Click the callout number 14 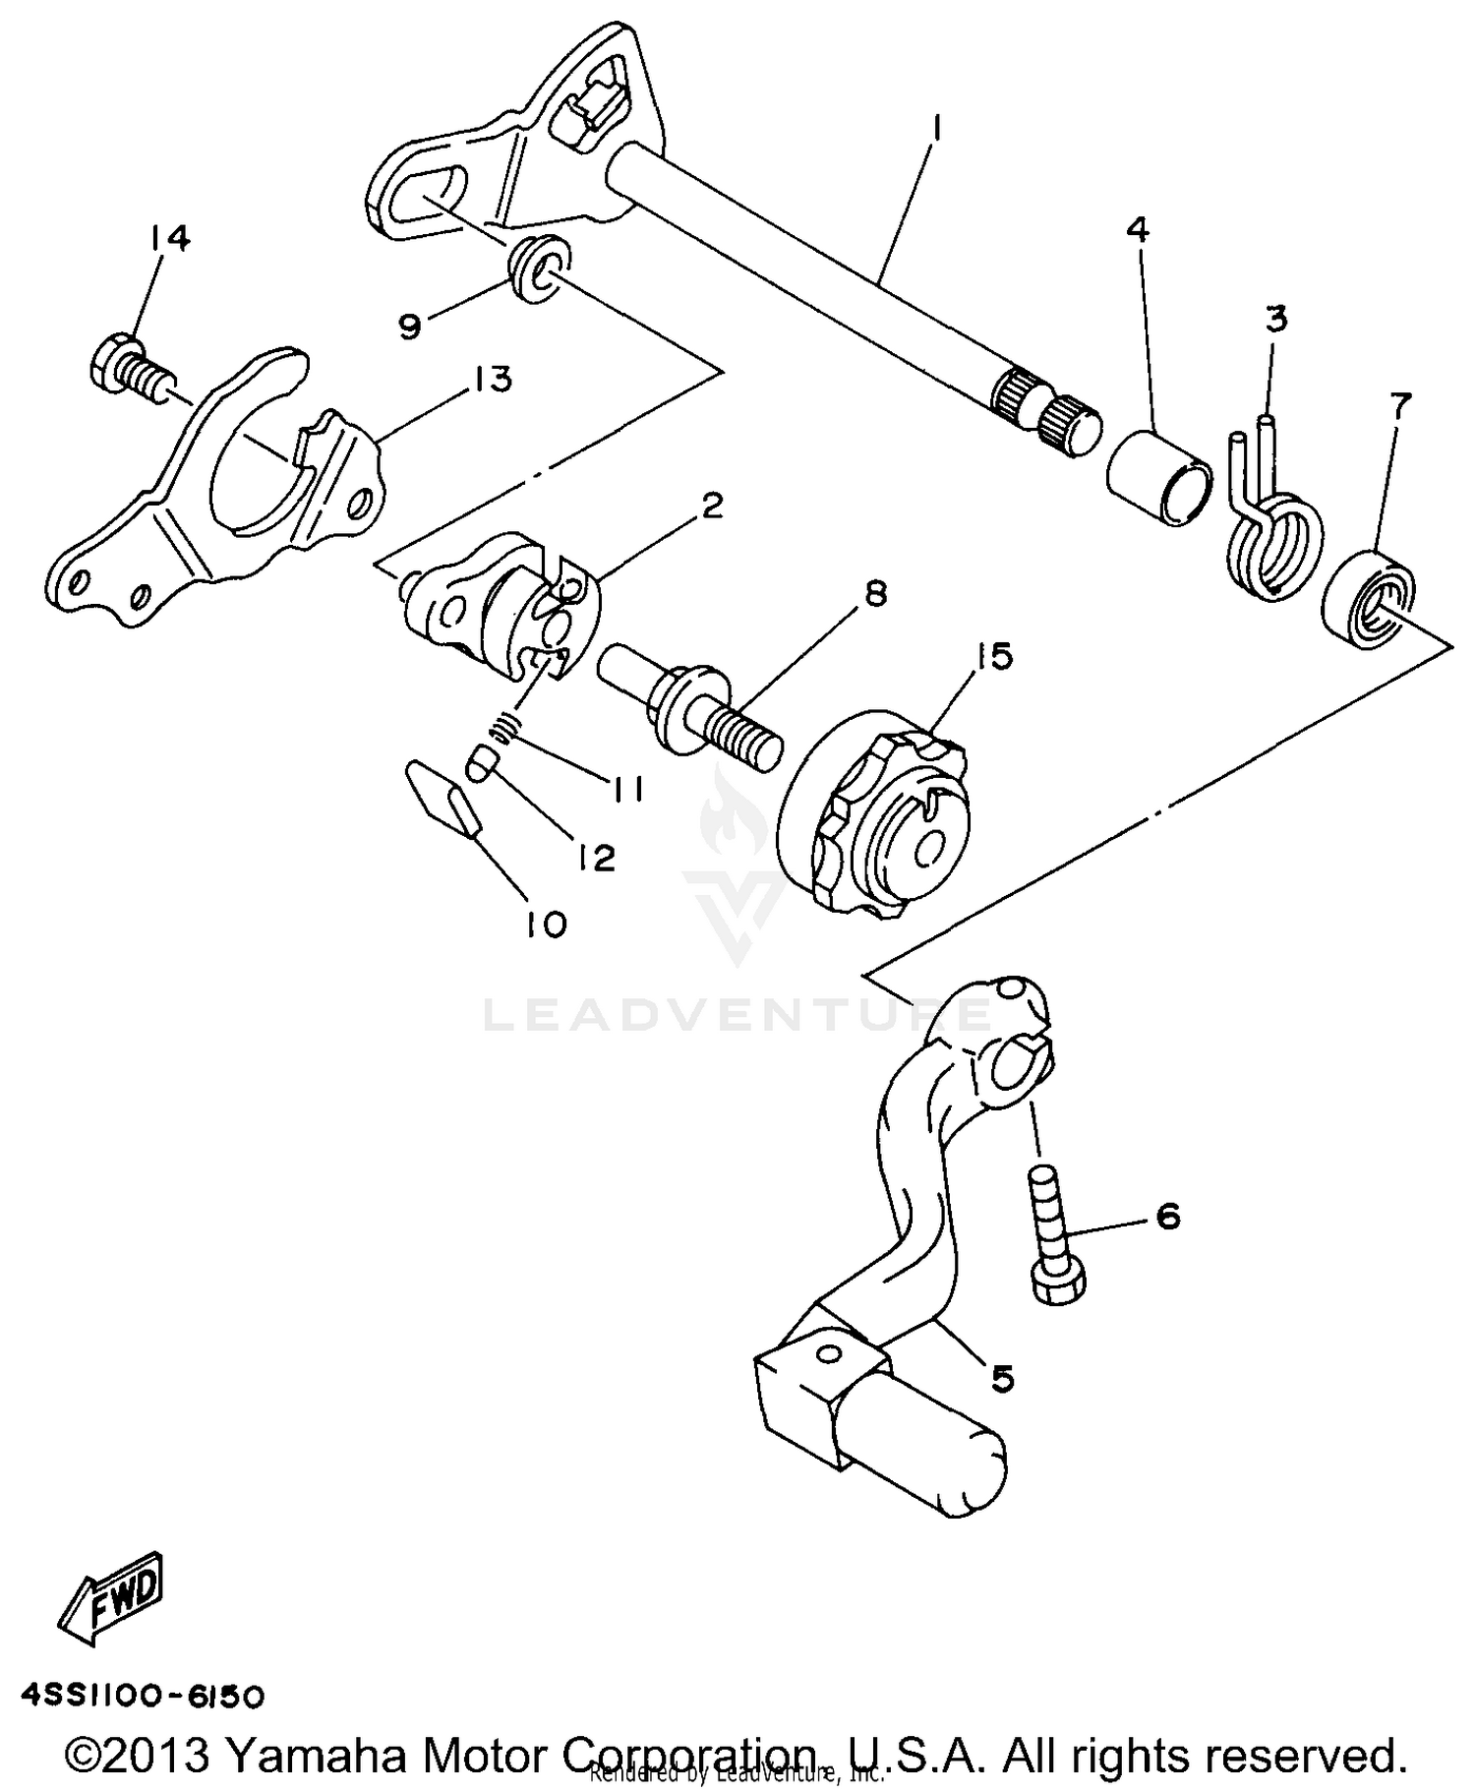tap(170, 238)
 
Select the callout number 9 tap(410, 326)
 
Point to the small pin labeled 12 tap(482, 763)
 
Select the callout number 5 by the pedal tap(1002, 1379)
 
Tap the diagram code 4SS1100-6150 tap(143, 1696)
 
